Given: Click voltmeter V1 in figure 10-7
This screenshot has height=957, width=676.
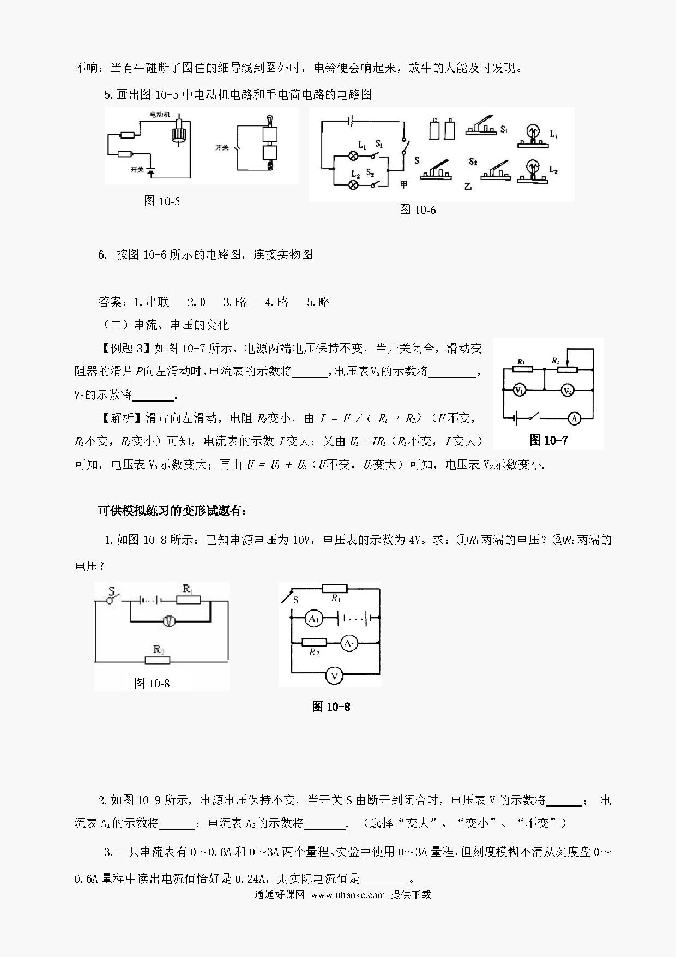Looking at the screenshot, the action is (520, 391).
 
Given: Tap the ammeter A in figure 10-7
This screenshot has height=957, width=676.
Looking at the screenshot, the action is (574, 418).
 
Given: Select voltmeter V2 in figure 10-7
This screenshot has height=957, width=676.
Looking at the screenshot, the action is (568, 391).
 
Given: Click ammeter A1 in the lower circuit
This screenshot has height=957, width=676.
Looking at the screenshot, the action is (313, 618).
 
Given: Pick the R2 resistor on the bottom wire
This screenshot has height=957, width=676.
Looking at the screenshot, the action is (158, 660).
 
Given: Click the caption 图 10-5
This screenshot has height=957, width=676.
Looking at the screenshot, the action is (162, 201).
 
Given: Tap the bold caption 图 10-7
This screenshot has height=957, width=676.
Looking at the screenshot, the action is (548, 440).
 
